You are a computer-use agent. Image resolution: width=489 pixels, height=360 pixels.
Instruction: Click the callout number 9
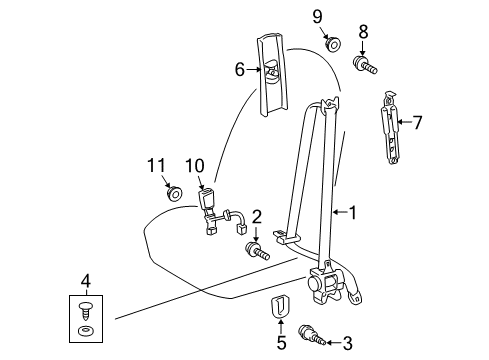click(x=317, y=17)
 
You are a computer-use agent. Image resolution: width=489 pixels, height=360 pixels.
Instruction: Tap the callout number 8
click(x=363, y=32)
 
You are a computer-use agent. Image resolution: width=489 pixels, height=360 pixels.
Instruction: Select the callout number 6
click(x=240, y=70)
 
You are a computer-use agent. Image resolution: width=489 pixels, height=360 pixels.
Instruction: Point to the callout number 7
click(x=417, y=122)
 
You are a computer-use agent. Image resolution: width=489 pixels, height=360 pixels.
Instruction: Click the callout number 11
click(x=156, y=165)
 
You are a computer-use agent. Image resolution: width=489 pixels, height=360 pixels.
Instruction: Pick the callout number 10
click(x=195, y=165)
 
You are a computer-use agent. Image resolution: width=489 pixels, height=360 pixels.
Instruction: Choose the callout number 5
click(x=281, y=343)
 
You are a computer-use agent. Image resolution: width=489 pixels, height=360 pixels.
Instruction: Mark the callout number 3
click(x=347, y=343)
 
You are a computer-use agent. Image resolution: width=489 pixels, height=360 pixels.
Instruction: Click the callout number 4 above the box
click(x=85, y=282)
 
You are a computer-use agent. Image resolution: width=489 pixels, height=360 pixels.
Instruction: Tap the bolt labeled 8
click(x=365, y=66)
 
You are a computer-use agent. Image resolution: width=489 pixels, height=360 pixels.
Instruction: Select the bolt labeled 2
click(x=257, y=252)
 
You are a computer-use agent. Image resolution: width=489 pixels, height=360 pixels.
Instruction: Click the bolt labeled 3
click(x=312, y=336)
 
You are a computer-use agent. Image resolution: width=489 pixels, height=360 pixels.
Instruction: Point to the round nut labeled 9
click(x=333, y=44)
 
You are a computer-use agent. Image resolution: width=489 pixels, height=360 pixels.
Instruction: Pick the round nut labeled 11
click(x=174, y=194)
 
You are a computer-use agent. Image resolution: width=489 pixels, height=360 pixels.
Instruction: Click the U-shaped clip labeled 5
click(x=279, y=306)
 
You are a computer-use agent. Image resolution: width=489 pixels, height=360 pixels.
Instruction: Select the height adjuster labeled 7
click(x=390, y=128)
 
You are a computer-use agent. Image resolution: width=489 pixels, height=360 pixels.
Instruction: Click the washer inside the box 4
click(x=85, y=332)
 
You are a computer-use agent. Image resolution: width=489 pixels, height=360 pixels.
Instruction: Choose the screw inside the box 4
click(x=85, y=311)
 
